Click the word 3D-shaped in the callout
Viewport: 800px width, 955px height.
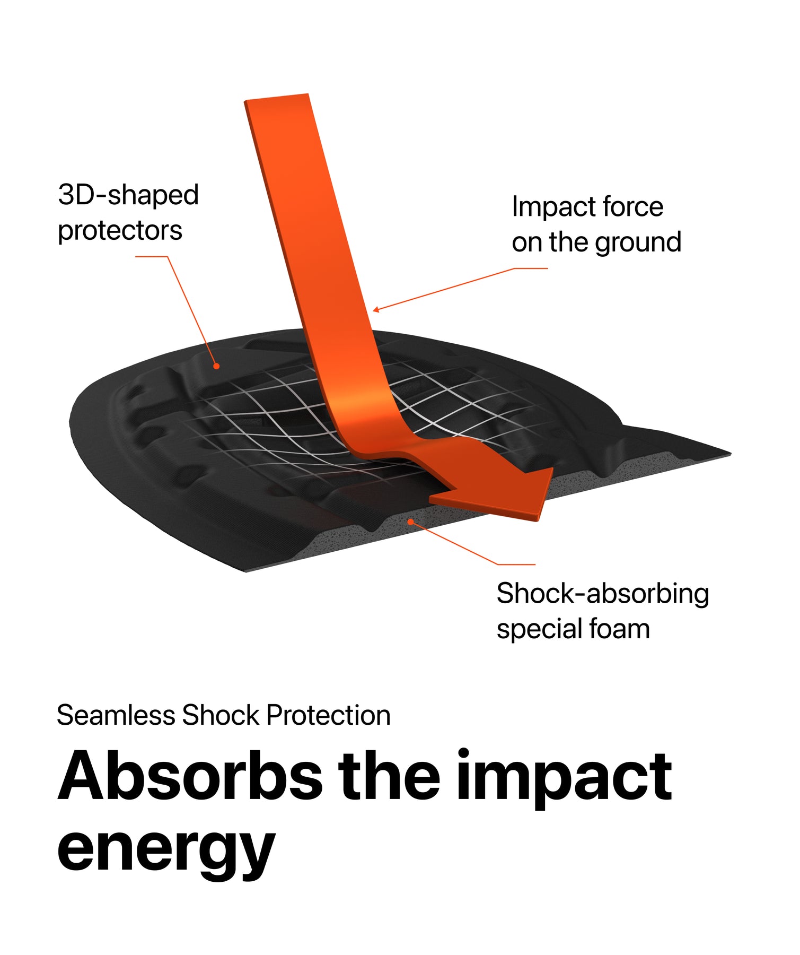point(128,195)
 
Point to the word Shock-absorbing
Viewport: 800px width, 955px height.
point(603,593)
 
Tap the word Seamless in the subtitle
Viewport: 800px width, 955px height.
point(116,715)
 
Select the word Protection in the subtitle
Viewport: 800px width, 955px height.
point(329,715)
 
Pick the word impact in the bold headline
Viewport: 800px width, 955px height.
point(564,778)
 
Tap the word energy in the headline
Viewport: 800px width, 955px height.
point(166,849)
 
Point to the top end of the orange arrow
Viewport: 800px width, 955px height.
point(276,98)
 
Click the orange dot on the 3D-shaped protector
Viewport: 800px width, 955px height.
point(216,366)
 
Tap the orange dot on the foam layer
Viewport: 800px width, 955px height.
point(410,522)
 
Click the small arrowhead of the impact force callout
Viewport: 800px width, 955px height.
point(375,309)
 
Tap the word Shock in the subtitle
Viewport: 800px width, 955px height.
point(221,715)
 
